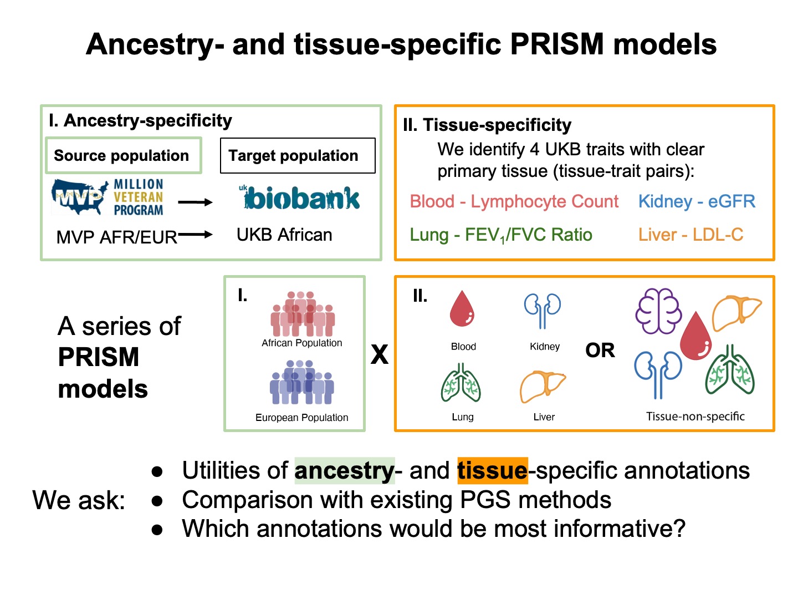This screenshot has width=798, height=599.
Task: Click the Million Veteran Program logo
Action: [108, 197]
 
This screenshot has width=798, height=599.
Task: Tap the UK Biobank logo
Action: [299, 197]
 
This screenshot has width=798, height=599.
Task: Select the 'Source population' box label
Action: [122, 156]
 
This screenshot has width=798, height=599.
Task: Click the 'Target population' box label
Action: [294, 156]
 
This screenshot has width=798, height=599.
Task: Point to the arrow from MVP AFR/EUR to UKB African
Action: [195, 235]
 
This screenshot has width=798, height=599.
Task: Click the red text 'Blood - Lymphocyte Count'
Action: [514, 201]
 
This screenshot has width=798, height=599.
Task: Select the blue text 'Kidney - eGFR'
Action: [697, 201]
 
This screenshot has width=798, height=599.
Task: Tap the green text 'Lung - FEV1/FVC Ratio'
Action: [501, 235]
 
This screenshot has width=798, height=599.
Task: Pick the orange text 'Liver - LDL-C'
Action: [690, 235]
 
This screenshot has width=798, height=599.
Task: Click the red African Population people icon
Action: [302, 314]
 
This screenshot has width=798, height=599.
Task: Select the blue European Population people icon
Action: [302, 383]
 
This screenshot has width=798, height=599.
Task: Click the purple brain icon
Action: [658, 311]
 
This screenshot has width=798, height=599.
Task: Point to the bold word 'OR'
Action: [600, 351]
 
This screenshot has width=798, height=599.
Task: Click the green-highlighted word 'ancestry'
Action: [344, 471]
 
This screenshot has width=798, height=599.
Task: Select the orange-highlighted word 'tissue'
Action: [492, 471]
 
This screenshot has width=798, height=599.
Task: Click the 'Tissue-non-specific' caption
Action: [695, 417]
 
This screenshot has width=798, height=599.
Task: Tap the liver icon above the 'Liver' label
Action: [542, 387]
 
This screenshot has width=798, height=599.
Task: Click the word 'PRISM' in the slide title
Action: [556, 44]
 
